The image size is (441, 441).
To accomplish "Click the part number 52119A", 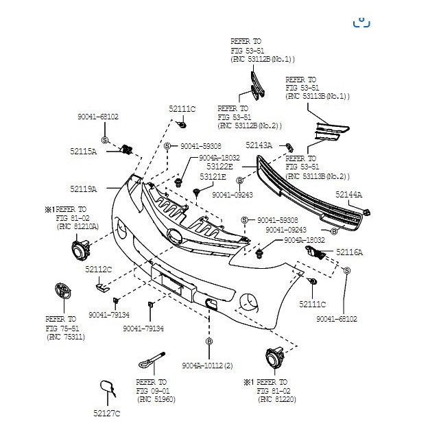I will coord(82,188).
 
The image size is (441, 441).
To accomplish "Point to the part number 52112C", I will coord(98,270).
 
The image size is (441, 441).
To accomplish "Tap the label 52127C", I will coord(106,413).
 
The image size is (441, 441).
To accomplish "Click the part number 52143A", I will coord(259,145).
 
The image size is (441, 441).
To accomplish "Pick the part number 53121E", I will coord(213,177).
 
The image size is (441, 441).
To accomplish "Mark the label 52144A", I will coord(348,195).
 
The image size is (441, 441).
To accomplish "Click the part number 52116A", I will coord(349,252).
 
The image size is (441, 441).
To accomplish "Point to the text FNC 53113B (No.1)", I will coord(317,97).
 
